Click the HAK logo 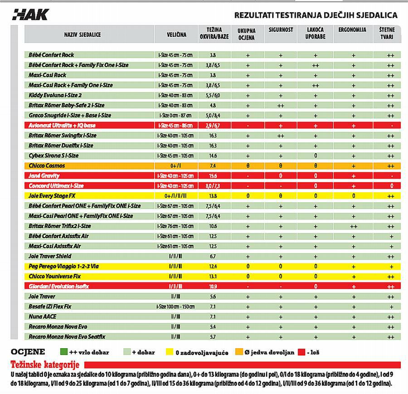(x=30, y=14)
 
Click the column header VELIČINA (x=177, y=34)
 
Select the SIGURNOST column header (x=281, y=30)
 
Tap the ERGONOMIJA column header (x=352, y=30)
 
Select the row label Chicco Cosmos (x=47, y=166)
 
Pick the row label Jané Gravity (x=44, y=176)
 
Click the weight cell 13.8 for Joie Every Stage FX (x=213, y=196)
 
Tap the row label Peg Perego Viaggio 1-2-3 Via (x=63, y=267)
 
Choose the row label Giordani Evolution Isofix (x=59, y=287)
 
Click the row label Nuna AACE (x=43, y=316)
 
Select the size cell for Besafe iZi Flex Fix (x=175, y=306)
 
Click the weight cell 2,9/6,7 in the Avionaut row (x=213, y=126)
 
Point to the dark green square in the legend (x=64, y=352)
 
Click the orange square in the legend (x=238, y=352)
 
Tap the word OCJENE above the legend (x=28, y=352)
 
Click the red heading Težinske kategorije (x=45, y=365)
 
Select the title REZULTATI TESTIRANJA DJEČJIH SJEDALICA (x=316, y=15)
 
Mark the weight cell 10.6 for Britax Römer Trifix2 (x=213, y=226)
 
